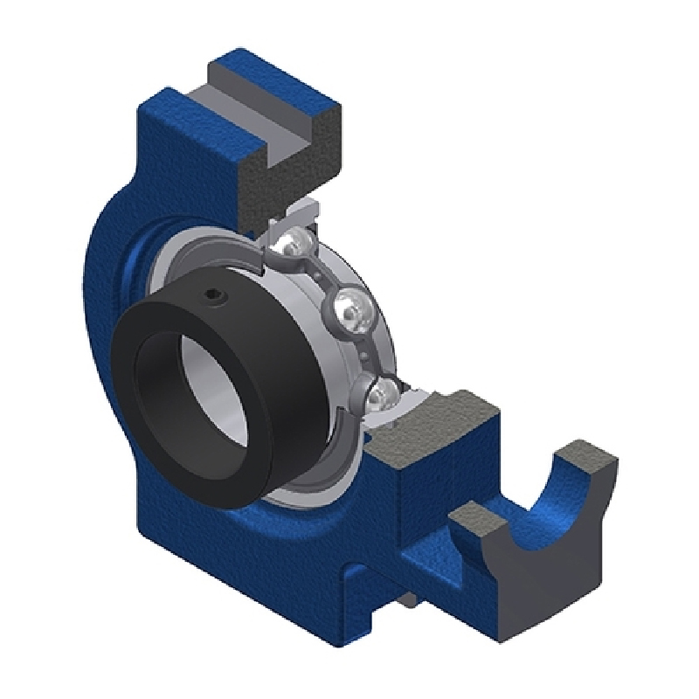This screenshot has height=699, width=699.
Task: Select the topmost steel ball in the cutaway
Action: point(294,248)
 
